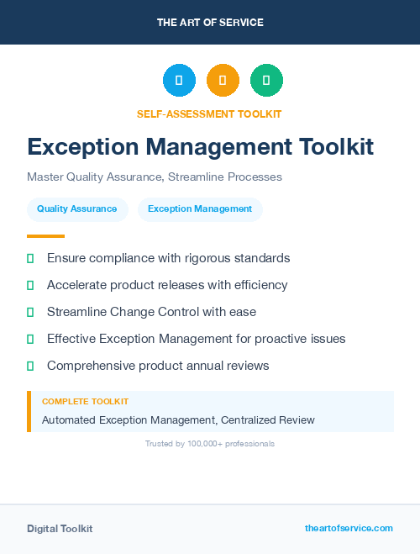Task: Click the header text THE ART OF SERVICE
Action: pos(210,23)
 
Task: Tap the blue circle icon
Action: pos(179,81)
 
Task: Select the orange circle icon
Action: pos(223,81)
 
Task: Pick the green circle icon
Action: pos(266,81)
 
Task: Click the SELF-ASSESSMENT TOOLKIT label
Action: pos(209,113)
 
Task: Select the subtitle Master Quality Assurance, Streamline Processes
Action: pos(155,177)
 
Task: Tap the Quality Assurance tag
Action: pos(77,209)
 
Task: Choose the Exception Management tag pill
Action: pos(200,209)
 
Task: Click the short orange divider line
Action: pos(45,236)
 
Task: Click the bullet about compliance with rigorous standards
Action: pos(168,258)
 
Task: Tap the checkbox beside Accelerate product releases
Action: pos(30,285)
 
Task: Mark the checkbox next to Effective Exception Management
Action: pos(30,339)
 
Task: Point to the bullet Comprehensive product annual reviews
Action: pos(158,366)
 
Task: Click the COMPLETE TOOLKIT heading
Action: pos(85,402)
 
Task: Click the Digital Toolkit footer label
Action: pos(60,529)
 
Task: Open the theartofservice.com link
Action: pos(349,528)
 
